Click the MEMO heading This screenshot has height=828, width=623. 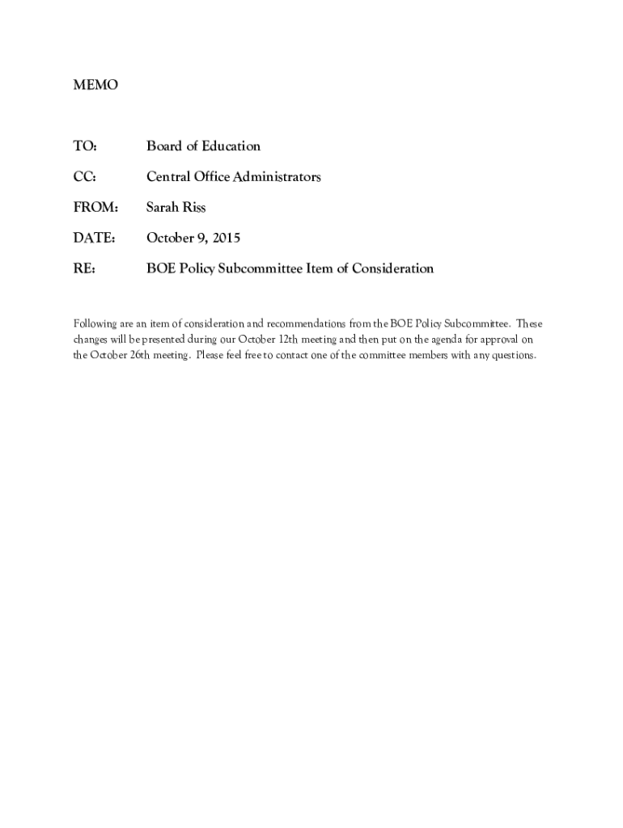pyautogui.click(x=95, y=85)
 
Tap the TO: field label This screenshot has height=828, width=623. pyautogui.click(x=85, y=146)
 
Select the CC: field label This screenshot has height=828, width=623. pyautogui.click(x=85, y=177)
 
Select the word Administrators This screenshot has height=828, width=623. pyautogui.click(x=278, y=177)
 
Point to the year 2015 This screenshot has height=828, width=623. pyautogui.click(x=226, y=239)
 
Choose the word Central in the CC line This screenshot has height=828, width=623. pyautogui.click(x=167, y=177)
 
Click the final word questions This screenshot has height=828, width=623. pyautogui.click(x=511, y=356)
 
